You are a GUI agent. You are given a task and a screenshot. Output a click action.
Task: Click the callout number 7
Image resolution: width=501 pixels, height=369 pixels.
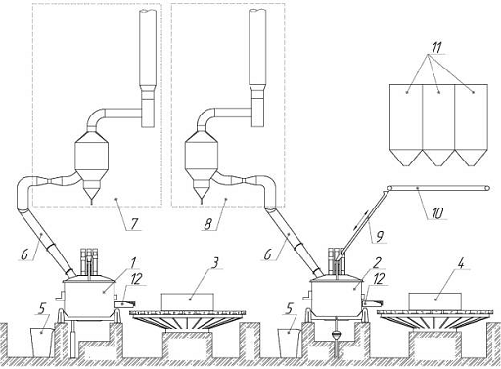point(134,223)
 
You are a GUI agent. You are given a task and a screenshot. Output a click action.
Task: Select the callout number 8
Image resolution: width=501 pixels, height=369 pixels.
point(208,224)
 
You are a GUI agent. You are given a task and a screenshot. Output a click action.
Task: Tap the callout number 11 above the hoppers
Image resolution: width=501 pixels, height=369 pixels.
point(436,48)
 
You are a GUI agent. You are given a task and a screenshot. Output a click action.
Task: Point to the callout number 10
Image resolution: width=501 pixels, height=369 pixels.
point(437,213)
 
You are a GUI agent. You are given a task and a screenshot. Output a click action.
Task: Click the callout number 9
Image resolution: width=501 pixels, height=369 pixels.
point(380,236)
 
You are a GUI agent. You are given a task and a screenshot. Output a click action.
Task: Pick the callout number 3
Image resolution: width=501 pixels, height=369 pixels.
point(214,263)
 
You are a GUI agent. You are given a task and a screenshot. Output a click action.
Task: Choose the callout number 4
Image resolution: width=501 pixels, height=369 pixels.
point(461,263)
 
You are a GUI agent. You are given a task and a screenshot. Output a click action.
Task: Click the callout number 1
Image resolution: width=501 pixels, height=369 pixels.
point(133,262)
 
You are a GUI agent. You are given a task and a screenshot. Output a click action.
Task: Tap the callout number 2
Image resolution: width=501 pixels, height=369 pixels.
point(378,262)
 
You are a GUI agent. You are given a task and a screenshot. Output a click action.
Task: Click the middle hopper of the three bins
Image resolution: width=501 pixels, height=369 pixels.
point(438,125)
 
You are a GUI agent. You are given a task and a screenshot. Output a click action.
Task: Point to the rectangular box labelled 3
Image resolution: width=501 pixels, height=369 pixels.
point(188,301)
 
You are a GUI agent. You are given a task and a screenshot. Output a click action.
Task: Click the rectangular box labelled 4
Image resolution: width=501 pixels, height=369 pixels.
point(434,301)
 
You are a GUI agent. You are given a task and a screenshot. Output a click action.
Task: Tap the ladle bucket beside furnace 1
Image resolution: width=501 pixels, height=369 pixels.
point(41,343)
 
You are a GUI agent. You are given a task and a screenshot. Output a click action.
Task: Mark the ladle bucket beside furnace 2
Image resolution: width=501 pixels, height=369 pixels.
point(289,343)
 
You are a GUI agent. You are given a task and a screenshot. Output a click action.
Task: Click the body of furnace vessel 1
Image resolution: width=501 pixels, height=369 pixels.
point(89,297)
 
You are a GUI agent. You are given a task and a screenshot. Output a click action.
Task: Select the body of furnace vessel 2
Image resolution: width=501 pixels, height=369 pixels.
point(337,297)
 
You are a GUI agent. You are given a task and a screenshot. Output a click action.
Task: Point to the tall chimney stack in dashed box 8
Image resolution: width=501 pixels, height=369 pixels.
point(258,68)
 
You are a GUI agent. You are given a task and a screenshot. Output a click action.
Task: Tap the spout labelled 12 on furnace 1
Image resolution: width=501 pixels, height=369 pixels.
point(125,304)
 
